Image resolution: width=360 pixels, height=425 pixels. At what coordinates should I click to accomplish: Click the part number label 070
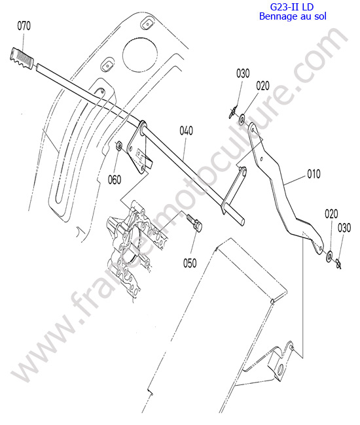point(24,26)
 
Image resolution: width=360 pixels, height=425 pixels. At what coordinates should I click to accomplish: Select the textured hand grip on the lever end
point(22,58)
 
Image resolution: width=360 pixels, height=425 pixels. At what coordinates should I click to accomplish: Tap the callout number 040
point(186,131)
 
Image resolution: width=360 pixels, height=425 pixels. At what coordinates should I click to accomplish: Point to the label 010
point(314,174)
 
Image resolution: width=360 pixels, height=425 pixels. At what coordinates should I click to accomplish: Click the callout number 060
point(115,179)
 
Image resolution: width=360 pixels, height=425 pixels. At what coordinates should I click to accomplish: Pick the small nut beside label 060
point(118,146)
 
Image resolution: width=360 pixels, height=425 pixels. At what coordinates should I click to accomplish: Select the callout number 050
point(190,263)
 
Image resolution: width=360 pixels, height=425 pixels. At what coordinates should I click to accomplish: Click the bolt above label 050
point(195,222)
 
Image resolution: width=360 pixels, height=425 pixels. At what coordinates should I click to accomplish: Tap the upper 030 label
point(243,73)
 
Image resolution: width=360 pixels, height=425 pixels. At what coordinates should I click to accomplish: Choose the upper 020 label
point(262,86)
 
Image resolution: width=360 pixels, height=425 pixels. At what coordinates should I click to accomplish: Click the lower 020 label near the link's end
point(331,214)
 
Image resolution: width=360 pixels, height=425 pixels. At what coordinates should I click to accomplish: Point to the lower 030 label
point(344,228)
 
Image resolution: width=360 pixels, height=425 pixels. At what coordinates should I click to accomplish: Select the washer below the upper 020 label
point(242,120)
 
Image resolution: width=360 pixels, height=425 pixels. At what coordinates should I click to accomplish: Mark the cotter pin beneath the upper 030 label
point(232,112)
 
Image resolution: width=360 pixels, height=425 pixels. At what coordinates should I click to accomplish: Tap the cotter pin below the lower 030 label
point(338,263)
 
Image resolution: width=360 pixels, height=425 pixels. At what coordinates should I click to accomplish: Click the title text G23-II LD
point(292,7)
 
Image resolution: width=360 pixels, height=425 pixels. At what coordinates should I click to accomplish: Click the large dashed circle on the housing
point(140,54)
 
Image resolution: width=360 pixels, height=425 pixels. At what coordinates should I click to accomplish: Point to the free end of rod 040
point(242,222)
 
